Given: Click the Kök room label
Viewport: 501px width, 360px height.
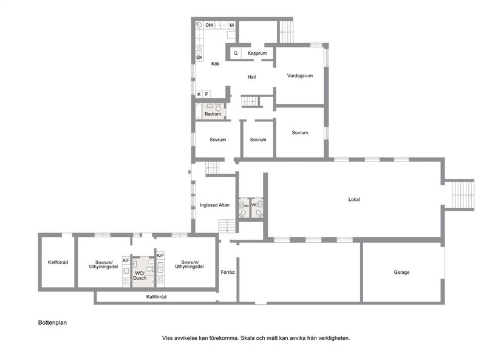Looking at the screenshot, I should pyautogui.click(x=215, y=64).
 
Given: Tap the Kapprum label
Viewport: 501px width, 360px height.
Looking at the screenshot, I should pyautogui.click(x=257, y=53).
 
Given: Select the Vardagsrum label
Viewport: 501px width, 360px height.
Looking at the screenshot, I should pyautogui.click(x=299, y=76).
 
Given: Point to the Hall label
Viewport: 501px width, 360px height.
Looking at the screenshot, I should pyautogui.click(x=251, y=77).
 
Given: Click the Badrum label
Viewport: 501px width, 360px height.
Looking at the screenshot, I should pyautogui.click(x=213, y=114).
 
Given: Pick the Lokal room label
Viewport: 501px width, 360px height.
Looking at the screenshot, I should pyautogui.click(x=354, y=199).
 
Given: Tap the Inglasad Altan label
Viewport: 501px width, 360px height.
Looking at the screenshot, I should pyautogui.click(x=214, y=205).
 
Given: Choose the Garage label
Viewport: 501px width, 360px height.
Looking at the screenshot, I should pyautogui.click(x=401, y=272).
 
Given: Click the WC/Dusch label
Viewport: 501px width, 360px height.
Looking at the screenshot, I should pyautogui.click(x=140, y=275).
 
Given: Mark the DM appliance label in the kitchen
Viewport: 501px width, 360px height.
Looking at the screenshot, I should pyautogui.click(x=209, y=25).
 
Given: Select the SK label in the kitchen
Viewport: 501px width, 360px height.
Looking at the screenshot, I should pyautogui.click(x=199, y=58).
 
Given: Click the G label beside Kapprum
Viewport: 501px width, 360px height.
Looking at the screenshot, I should pyautogui.click(x=236, y=53).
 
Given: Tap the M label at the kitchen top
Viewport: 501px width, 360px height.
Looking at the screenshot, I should pyautogui.click(x=231, y=25).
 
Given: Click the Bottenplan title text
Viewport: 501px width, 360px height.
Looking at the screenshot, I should pyautogui.click(x=52, y=323).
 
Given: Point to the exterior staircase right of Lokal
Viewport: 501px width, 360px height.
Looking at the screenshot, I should pyautogui.click(x=462, y=195).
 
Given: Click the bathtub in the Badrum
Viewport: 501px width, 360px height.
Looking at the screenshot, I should pyautogui.click(x=198, y=110).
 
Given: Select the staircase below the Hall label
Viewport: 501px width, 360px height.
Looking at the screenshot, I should pyautogui.click(x=250, y=101).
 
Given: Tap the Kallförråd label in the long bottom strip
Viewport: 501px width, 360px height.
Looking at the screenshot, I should pyautogui.click(x=156, y=297).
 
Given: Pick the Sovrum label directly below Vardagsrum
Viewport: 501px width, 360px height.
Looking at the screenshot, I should pyautogui.click(x=299, y=133).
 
